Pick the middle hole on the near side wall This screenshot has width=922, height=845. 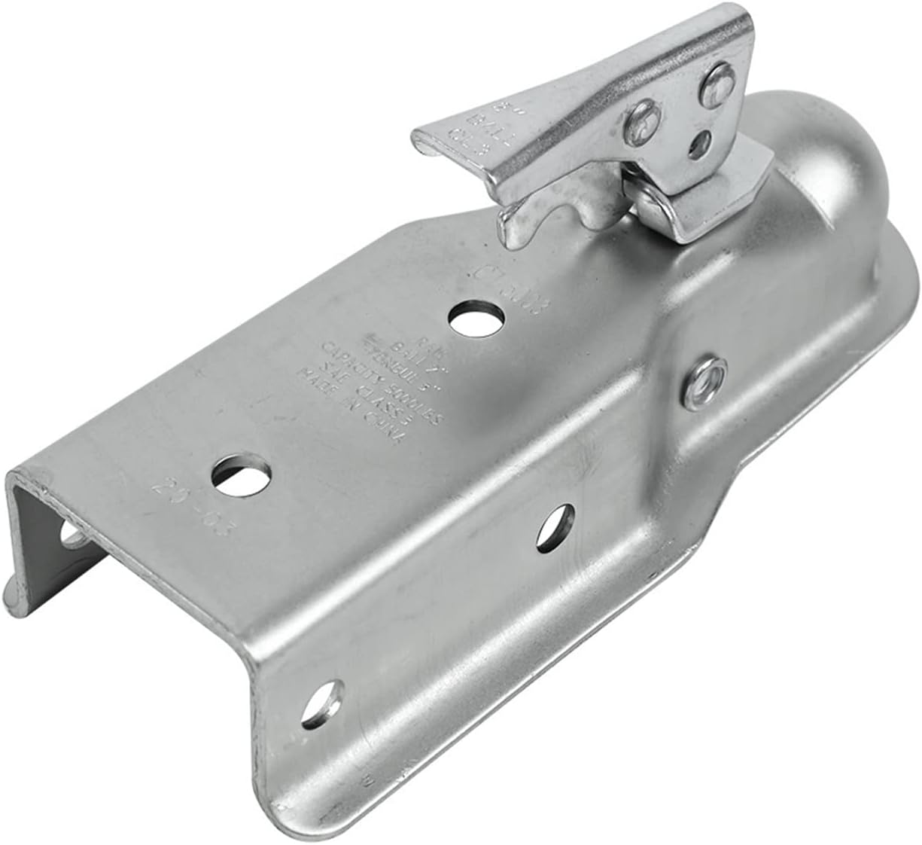click(x=555, y=526)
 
